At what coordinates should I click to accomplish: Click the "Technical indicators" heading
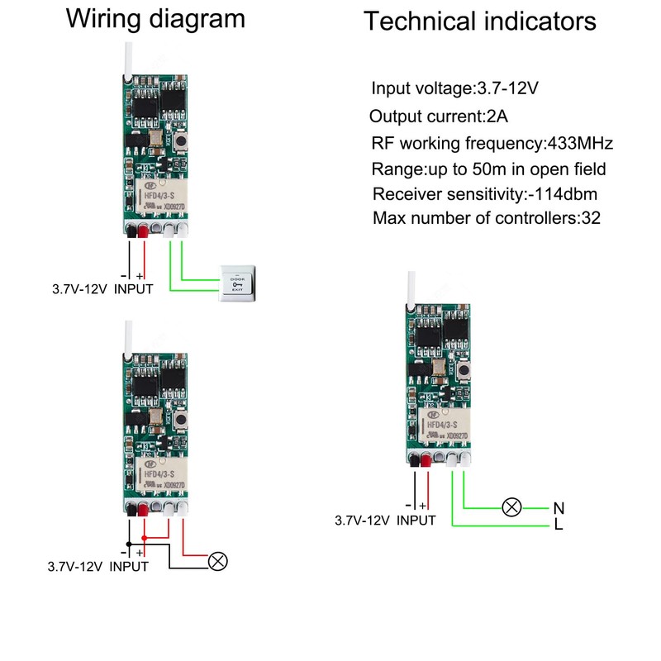pos(479,21)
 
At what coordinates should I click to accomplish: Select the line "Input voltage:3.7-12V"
pos(460,88)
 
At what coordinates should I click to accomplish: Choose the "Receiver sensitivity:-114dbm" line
pos(485,194)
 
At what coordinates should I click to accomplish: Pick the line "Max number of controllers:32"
pos(487,219)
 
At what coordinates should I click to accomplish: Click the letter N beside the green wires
pos(558,507)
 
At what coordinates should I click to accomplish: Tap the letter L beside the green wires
pos(559,525)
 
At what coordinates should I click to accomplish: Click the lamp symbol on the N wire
pos(512,507)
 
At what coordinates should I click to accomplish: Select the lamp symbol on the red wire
pos(217,561)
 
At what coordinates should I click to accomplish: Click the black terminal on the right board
pos(412,459)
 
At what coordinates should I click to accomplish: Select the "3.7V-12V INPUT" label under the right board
pos(385,521)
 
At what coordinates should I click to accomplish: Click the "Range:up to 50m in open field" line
pos(489,169)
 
